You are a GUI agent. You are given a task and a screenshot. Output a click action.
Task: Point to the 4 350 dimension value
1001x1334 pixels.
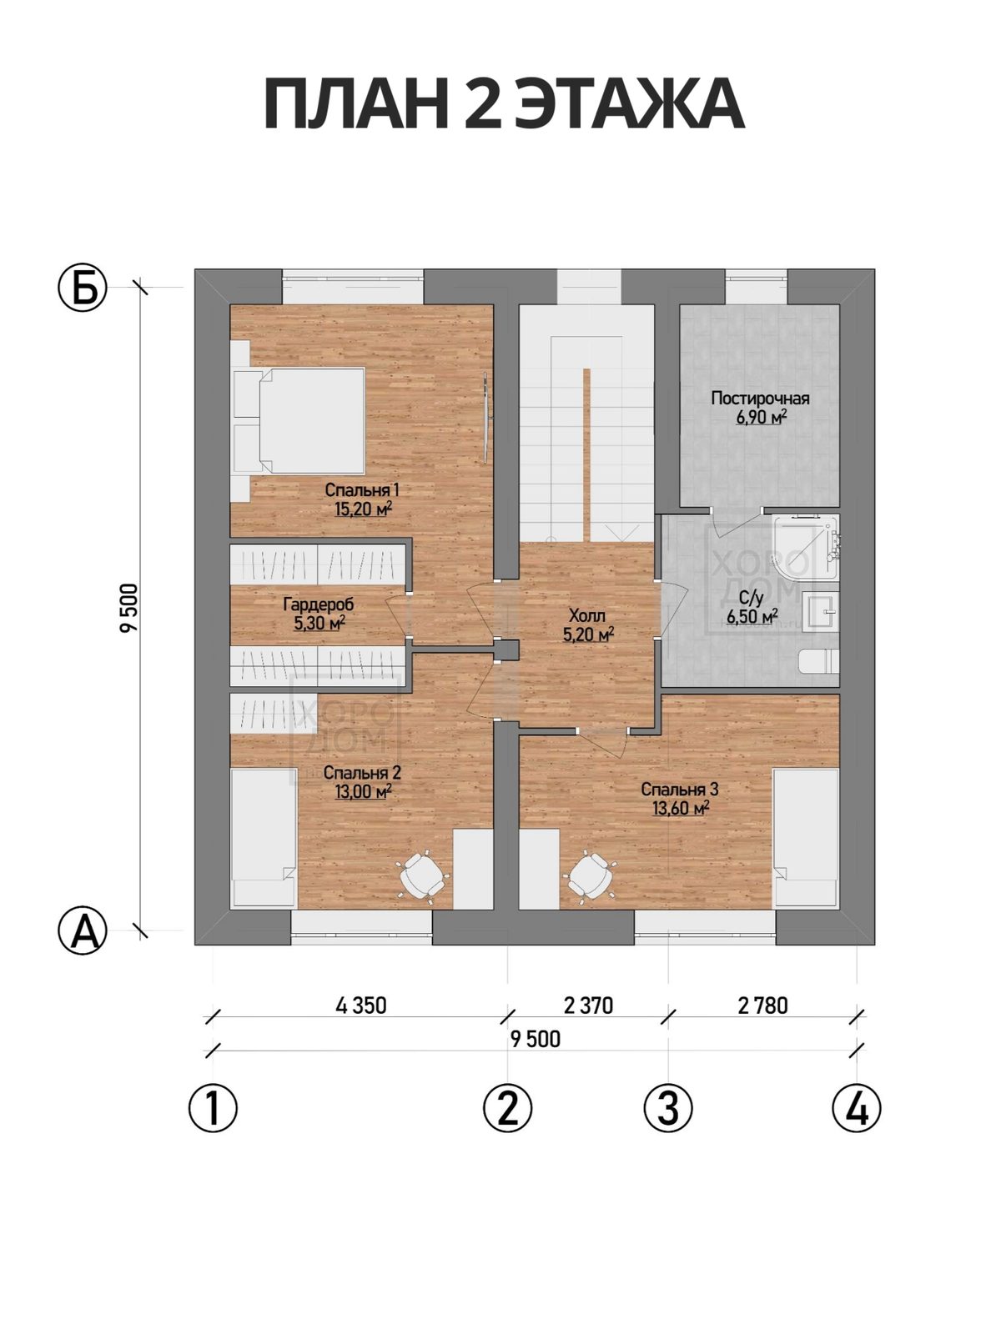tap(361, 1006)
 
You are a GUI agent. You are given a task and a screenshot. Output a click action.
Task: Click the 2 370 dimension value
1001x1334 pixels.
tap(588, 1006)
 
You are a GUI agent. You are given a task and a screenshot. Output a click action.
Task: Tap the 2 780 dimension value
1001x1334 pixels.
tap(762, 1006)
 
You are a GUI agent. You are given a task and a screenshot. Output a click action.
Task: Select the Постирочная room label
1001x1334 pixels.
tap(760, 399)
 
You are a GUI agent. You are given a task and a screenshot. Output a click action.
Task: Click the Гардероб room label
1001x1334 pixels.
tap(319, 604)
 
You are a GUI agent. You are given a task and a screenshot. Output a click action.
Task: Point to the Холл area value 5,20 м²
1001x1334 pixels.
tap(588, 635)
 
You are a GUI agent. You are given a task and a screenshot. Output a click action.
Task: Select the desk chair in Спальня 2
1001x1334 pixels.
tap(423, 875)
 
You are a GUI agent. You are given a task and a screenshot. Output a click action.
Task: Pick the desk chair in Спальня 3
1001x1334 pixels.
tap(588, 875)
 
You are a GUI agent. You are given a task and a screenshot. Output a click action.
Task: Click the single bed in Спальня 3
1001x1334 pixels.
tap(806, 839)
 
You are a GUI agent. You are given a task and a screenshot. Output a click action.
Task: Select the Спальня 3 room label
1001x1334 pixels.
tap(680, 790)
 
